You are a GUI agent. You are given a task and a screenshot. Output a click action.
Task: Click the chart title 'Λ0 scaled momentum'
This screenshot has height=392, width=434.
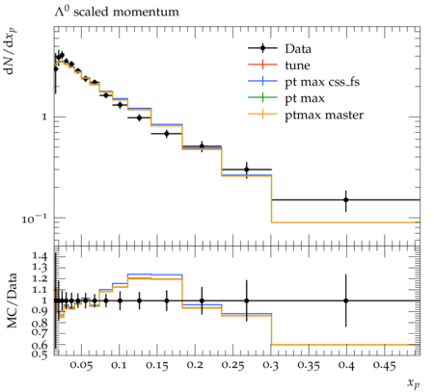click(x=117, y=12)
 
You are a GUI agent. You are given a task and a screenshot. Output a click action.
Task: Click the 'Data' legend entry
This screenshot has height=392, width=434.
click(x=298, y=49)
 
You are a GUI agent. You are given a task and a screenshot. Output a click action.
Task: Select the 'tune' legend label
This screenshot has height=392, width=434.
click(x=297, y=65)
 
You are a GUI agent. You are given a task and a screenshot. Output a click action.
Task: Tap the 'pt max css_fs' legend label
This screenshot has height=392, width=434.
click(x=322, y=82)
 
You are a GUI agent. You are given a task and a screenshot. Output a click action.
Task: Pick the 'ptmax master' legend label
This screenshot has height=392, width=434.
click(x=324, y=116)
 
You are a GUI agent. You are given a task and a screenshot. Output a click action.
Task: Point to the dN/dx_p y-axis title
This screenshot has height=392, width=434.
click(x=11, y=51)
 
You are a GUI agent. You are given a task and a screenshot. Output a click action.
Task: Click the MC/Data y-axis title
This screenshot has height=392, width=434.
click(x=12, y=301)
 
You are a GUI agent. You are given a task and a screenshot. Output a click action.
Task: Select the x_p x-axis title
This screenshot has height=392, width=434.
click(x=414, y=382)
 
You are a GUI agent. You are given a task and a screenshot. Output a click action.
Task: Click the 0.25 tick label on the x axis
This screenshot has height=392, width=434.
click(x=233, y=366)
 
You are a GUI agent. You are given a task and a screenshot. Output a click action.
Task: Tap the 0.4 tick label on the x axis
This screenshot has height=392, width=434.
click(x=346, y=366)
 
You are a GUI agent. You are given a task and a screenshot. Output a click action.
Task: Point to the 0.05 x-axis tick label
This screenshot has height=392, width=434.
click(x=81, y=366)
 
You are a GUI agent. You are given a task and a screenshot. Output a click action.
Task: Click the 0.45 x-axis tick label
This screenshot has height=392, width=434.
click(x=384, y=366)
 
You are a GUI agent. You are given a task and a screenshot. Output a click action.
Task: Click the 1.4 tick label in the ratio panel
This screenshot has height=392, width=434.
click(x=40, y=256)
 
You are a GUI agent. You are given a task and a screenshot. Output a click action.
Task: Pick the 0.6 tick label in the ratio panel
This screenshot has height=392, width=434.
click(x=40, y=345)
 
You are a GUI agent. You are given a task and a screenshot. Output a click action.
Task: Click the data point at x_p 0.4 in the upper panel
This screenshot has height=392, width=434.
click(x=346, y=199)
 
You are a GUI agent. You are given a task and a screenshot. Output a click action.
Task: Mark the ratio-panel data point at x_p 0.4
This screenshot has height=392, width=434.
click(x=346, y=301)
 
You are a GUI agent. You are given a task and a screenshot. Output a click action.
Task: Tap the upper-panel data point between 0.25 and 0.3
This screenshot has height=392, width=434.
click(x=247, y=170)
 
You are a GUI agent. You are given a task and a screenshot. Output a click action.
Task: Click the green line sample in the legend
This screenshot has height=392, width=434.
click(x=262, y=98)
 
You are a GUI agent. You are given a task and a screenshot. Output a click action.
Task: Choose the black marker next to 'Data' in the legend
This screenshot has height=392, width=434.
click(x=262, y=48)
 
